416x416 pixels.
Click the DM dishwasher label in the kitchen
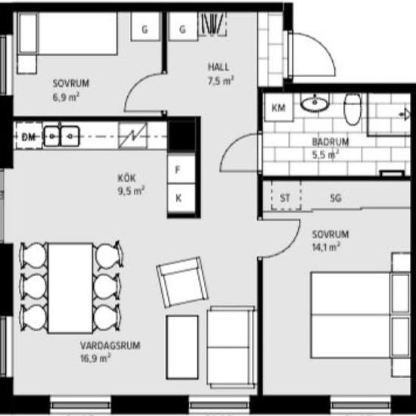point(29,137)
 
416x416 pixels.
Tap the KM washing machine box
point(278,107)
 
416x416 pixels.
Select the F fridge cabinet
point(182,169)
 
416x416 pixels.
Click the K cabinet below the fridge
point(182,198)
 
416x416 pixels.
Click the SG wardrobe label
point(335,198)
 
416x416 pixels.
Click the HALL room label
point(219,67)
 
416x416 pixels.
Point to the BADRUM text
point(331,142)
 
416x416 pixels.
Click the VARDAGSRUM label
point(110,346)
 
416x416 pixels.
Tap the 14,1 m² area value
point(326,247)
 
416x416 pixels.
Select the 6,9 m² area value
point(66,97)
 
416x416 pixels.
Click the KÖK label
point(126,178)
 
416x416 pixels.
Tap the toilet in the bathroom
point(352,110)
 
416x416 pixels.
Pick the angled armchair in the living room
point(182,282)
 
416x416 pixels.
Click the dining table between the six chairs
point(70,288)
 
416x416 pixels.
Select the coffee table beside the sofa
point(182,347)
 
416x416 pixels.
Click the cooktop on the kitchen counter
point(132,135)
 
